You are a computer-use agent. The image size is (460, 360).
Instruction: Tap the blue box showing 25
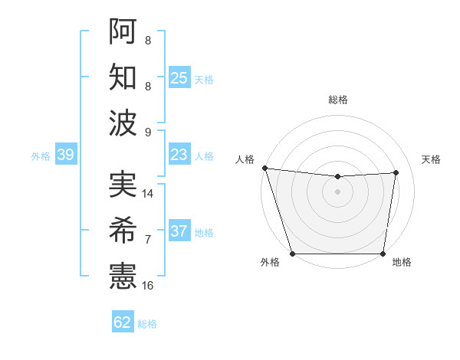click(x=179, y=78)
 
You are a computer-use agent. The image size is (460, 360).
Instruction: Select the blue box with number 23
click(x=179, y=155)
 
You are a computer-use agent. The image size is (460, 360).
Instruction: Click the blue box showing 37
click(x=179, y=232)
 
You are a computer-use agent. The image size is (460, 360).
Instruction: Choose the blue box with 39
click(x=65, y=155)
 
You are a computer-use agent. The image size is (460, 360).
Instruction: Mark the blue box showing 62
click(x=123, y=322)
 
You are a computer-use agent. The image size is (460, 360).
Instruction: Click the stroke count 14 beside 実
click(x=149, y=194)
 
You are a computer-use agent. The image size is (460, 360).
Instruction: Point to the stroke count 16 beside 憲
click(x=149, y=286)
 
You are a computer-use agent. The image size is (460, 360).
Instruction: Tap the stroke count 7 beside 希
click(x=148, y=240)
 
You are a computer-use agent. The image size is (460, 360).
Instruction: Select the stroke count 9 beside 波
click(x=148, y=132)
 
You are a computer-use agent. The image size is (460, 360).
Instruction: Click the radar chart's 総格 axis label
click(x=337, y=100)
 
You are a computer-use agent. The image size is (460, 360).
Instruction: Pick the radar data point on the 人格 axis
click(x=264, y=168)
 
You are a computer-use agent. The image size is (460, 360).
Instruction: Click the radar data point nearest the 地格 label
click(x=383, y=254)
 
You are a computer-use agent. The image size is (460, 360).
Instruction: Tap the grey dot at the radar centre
click(x=337, y=191)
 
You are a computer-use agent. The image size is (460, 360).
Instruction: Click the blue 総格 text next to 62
click(x=147, y=324)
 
